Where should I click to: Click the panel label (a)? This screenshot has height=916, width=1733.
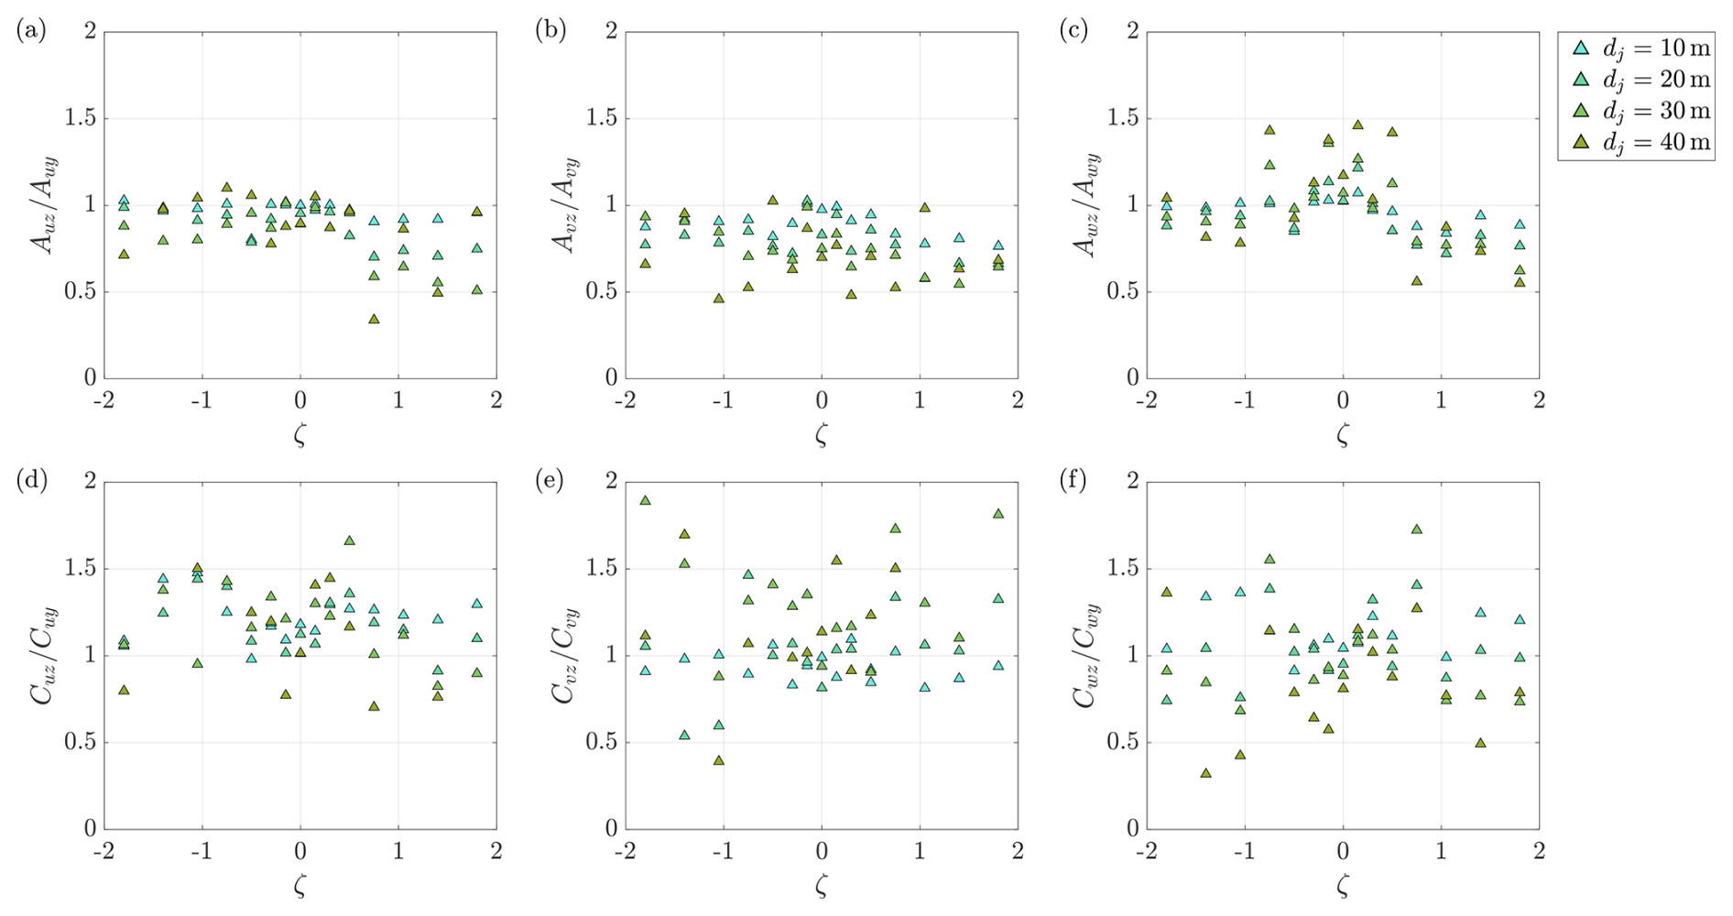point(31,31)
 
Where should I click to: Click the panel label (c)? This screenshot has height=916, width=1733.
point(1073,31)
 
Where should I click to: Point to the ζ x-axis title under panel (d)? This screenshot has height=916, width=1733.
point(300,885)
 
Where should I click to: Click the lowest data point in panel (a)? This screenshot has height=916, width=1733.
point(374,319)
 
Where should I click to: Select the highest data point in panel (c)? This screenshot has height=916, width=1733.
point(1357,125)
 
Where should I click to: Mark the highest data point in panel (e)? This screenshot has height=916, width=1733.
point(645,500)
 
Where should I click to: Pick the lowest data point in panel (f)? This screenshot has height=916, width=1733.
point(1205,773)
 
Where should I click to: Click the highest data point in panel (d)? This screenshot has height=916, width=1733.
point(349,540)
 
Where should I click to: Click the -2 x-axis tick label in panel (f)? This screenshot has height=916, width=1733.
point(1145,851)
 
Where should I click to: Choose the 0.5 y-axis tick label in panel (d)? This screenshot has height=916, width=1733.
point(80,742)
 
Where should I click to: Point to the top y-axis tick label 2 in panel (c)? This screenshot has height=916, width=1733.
point(1132,31)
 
